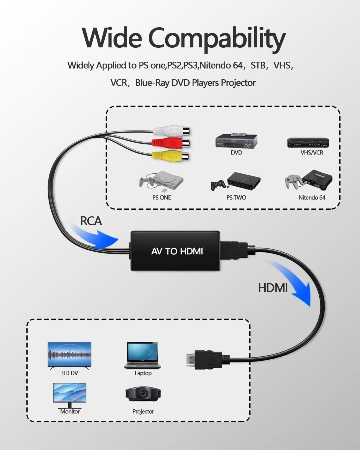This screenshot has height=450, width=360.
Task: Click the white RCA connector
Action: click(171, 131)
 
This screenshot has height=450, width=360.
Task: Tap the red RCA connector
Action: click(171, 143)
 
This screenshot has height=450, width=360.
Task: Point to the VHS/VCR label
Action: click(312, 152)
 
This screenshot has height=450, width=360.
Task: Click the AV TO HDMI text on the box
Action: click(177, 251)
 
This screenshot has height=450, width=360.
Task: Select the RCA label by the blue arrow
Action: click(91, 221)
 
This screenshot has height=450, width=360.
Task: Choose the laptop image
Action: click(142, 355)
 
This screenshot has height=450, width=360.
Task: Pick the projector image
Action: click(143, 394)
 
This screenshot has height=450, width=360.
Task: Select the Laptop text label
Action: click(143, 373)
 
